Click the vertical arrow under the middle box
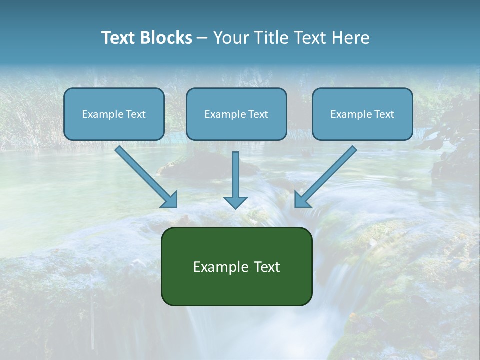(235, 175)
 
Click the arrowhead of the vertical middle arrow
(235, 202)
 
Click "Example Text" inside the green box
(236, 267)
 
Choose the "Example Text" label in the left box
(114, 114)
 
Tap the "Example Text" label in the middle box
(236, 114)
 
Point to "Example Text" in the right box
(362, 114)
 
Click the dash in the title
(202, 38)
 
